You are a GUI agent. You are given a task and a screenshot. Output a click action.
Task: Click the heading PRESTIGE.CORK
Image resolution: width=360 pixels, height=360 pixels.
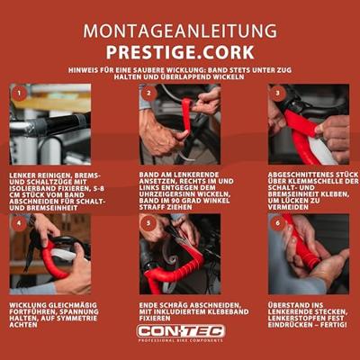(180, 51)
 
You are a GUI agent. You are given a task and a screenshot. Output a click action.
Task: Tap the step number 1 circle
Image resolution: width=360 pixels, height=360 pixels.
(19, 93)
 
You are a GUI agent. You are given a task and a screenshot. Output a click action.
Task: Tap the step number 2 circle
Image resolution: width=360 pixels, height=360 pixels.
(148, 93)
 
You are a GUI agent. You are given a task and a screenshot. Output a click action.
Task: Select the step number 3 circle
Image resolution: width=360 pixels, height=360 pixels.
(279, 93)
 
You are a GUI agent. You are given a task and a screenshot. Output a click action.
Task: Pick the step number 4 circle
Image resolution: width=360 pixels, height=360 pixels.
(19, 222)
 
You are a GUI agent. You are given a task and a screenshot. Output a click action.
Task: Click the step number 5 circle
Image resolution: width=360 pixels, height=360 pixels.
(148, 222)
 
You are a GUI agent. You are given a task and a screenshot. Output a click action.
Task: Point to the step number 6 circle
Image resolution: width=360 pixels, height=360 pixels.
(279, 222)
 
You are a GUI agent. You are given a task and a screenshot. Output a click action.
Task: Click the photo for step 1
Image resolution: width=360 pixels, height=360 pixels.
(50, 124)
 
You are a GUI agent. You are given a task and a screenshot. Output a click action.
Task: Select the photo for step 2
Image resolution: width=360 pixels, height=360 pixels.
(180, 124)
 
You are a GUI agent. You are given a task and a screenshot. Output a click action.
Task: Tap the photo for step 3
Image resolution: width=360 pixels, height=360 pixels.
(309, 124)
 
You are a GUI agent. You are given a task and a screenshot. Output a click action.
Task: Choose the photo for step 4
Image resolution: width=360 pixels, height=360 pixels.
(50, 254)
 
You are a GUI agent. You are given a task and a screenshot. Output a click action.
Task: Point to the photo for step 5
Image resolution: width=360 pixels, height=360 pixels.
(180, 254)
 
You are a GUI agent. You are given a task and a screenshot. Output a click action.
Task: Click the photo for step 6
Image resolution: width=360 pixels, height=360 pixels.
(309, 254)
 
